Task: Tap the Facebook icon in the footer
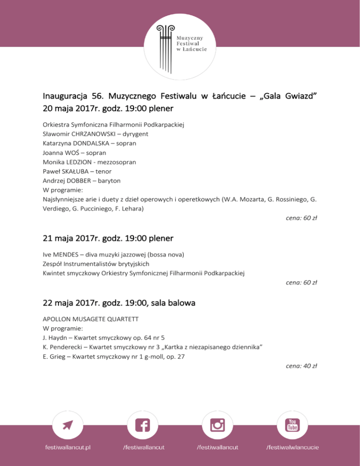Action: tap(142, 426)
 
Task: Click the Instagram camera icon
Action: tap(217, 426)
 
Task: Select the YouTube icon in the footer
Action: tap(292, 425)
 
